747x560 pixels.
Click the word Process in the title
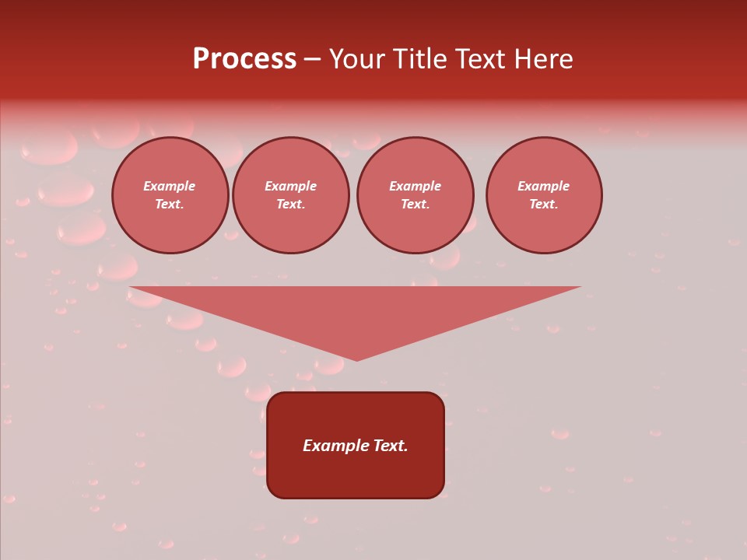[244, 59]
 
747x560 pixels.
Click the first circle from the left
[170, 195]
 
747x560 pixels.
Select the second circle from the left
[290, 195]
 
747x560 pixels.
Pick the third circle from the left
[415, 195]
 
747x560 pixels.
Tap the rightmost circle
[543, 195]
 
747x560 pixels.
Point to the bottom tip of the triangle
[356, 359]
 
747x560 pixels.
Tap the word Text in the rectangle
[390, 446]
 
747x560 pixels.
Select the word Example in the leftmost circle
[170, 186]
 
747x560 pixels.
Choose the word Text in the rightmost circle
[543, 204]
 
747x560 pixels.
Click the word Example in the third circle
[415, 186]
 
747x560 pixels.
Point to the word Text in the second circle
[290, 204]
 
